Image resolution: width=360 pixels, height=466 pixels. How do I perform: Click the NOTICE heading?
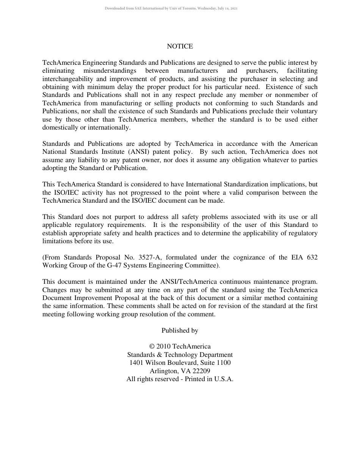click(x=180, y=47)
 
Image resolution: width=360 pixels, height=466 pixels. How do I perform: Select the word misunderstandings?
click(x=110, y=71)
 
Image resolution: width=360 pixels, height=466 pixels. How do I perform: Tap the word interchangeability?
click(x=68, y=79)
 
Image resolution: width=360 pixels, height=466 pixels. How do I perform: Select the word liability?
click(x=83, y=160)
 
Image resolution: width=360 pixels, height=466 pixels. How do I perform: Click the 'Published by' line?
click(x=180, y=331)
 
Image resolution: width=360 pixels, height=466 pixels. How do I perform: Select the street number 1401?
click(x=137, y=363)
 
